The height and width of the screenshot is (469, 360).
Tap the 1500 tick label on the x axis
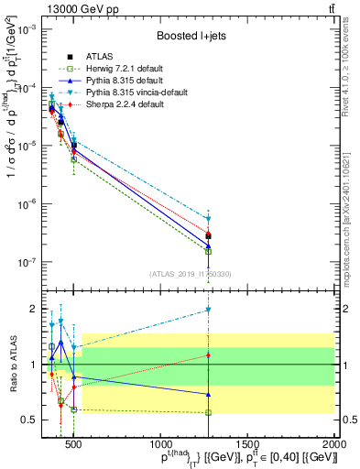pyautogui.click(x=247, y=445)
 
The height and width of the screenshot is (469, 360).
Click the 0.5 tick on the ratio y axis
pyautogui.click(x=31, y=420)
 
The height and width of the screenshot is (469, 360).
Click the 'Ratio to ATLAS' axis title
pyautogui.click(x=12, y=364)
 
